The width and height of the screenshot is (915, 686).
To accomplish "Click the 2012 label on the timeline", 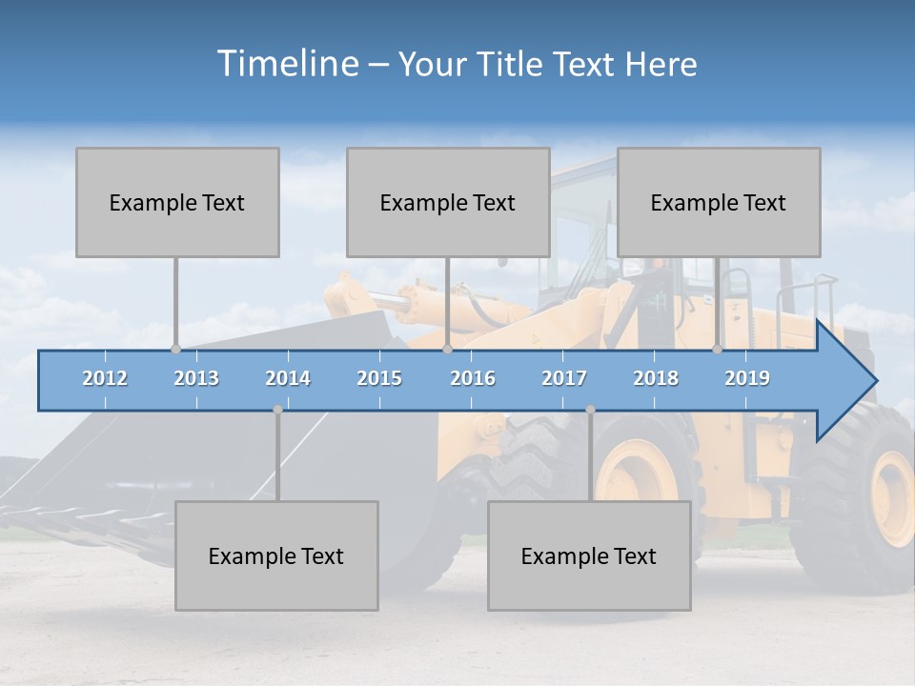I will (105, 378).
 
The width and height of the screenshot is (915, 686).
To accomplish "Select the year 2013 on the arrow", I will (196, 378).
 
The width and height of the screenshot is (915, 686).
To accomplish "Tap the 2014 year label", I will (288, 378).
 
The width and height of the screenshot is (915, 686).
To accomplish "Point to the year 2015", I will (379, 378).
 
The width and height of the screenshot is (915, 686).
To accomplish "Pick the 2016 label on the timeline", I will (473, 378).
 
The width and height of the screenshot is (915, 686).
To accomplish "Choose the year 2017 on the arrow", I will (564, 378).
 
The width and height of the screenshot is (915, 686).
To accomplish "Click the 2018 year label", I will (656, 378).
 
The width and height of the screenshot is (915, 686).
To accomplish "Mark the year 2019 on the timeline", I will (747, 378).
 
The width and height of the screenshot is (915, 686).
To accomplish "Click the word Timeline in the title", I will (286, 64).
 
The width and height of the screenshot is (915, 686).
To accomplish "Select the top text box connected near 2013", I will (177, 202).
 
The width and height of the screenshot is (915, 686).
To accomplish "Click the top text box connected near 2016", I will (448, 202).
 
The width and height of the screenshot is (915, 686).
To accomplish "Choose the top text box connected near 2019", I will (719, 202).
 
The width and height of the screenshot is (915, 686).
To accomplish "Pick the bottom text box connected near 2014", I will (276, 555).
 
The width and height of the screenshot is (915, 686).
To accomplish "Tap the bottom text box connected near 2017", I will (589, 555).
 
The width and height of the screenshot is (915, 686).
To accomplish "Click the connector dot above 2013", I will (175, 350).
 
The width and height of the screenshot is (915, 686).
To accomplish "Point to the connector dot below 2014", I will (277, 410).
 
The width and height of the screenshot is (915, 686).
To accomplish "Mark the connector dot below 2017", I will (590, 410).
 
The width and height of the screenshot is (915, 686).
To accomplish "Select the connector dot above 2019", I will (717, 350).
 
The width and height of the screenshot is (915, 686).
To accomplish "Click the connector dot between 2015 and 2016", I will (447, 350).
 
